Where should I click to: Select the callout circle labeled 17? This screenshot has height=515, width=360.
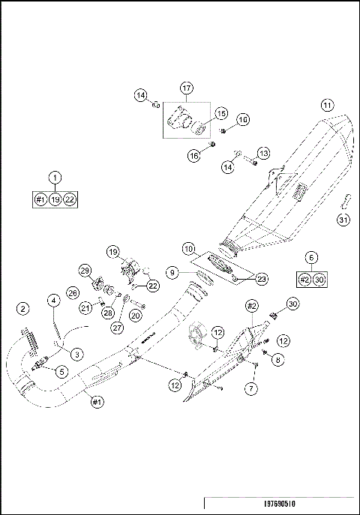point(186,88)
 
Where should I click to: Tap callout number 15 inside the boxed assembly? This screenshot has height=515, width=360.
point(220,112)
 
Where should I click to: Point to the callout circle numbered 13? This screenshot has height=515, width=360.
point(263,153)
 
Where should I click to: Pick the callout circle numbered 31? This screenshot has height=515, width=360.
point(343,220)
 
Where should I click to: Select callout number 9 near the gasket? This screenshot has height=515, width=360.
point(172,274)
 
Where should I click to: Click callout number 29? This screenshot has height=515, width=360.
point(85,271)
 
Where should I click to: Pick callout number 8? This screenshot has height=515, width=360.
point(277,360)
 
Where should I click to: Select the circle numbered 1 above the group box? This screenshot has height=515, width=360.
point(55,178)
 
